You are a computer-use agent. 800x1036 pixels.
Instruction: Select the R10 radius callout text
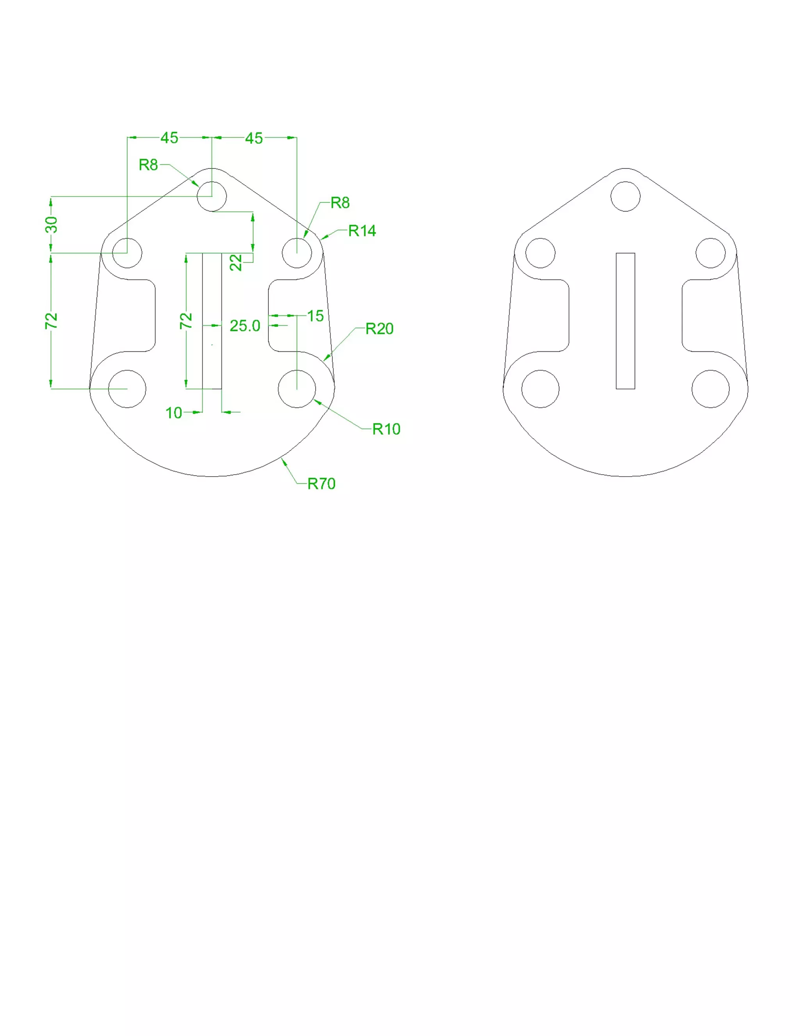click(386, 429)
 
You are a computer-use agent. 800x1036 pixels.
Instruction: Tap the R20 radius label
click(379, 328)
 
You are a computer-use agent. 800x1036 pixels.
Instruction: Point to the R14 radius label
click(362, 231)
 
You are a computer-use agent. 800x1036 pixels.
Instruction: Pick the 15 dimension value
click(315, 315)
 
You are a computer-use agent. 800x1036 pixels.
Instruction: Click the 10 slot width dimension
click(173, 413)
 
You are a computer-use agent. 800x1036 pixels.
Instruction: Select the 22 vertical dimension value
click(236, 262)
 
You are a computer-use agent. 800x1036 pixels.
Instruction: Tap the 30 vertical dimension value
click(51, 224)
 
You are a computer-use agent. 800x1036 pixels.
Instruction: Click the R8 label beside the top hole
click(148, 165)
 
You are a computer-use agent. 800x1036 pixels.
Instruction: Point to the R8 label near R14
click(340, 203)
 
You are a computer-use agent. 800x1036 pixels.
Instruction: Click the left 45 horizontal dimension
click(169, 138)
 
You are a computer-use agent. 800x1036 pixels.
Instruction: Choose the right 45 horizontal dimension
click(254, 138)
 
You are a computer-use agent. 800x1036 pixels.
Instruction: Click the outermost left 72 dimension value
click(51, 321)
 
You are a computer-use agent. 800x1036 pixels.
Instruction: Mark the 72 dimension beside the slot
click(186, 321)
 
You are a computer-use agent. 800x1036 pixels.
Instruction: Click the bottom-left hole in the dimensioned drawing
click(127, 389)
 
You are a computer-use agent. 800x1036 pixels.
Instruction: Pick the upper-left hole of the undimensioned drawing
click(540, 253)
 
